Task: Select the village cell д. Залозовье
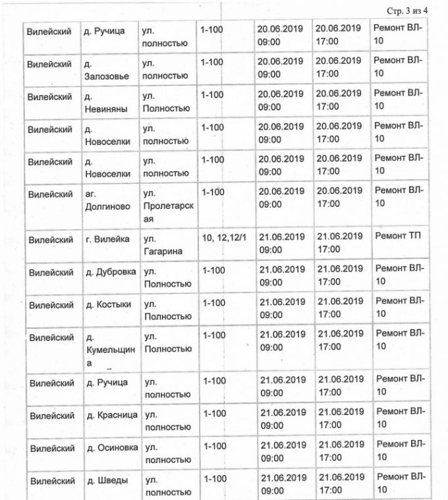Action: click(x=106, y=69)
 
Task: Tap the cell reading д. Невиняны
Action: click(x=105, y=101)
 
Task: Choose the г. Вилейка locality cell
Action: click(x=108, y=239)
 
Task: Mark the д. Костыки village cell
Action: click(x=109, y=304)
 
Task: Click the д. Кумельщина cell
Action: click(x=110, y=350)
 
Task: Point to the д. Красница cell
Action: click(x=111, y=415)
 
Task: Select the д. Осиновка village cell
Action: click(x=112, y=447)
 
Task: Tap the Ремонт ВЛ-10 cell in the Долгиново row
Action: click(x=399, y=197)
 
